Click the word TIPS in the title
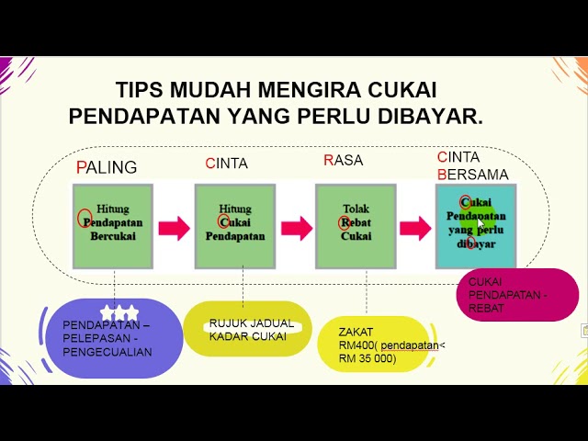tap(140, 91)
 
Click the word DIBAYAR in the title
tap(428, 117)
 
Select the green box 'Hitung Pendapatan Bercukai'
tap(113, 225)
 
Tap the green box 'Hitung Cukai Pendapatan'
tap(235, 225)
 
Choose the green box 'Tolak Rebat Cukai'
tap(356, 225)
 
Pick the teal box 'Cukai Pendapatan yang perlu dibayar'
tap(476, 225)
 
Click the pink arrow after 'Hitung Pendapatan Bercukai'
tap(174, 228)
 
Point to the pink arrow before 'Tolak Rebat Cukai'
tap(296, 228)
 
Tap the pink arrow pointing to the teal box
tap(415, 228)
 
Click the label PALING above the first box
tap(107, 167)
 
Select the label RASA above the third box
tap(344, 161)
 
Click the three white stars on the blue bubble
tap(119, 312)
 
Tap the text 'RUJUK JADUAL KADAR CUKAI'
tap(251, 329)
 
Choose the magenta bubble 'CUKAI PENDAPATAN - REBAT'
tap(516, 295)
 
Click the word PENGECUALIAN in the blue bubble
tap(108, 350)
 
